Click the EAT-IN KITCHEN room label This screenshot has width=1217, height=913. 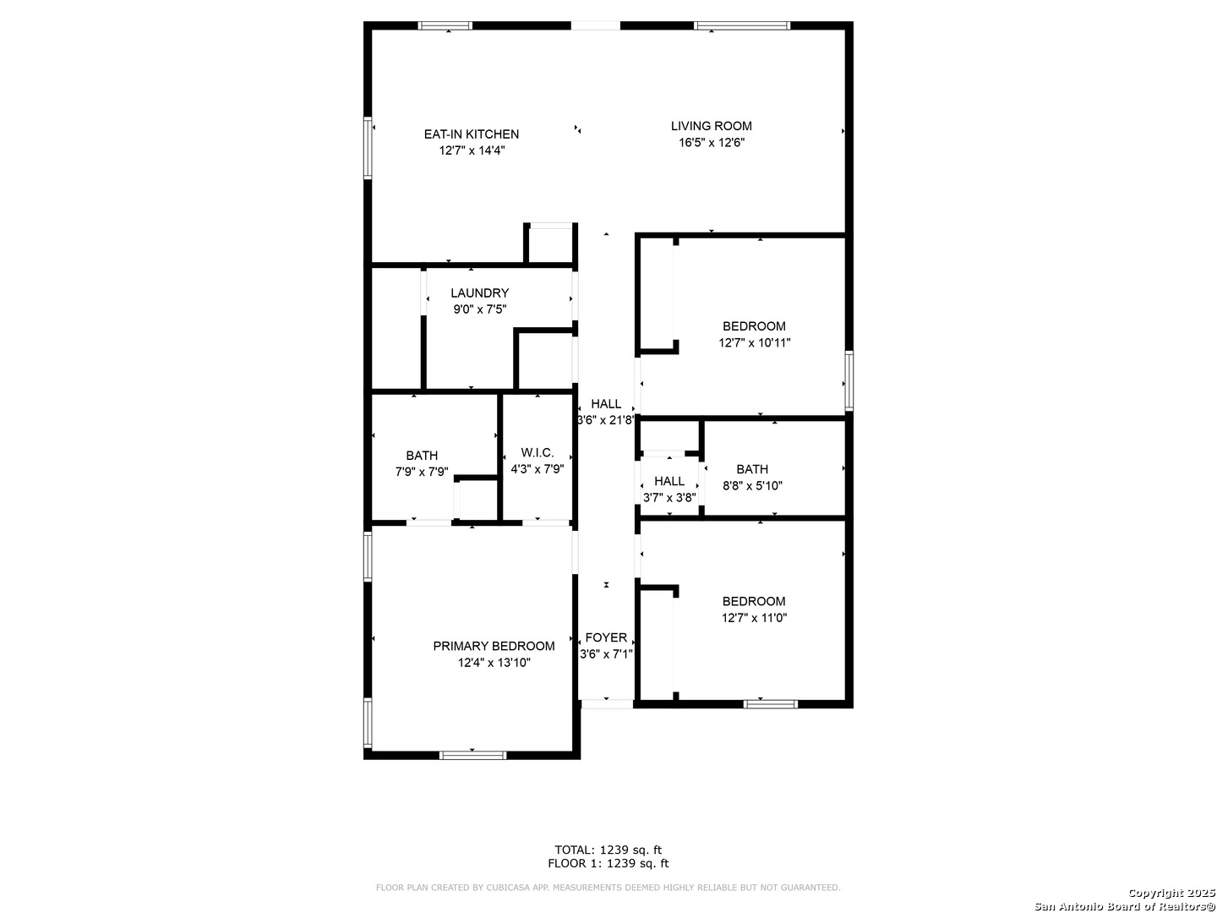point(472,134)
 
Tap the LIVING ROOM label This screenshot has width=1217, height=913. point(711,126)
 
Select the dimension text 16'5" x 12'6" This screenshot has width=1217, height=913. point(711,143)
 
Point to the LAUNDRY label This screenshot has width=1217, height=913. point(479,293)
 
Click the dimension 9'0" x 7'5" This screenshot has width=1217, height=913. point(479,309)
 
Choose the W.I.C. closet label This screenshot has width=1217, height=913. point(538,452)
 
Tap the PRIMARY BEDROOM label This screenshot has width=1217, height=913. point(494,646)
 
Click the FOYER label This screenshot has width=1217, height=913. point(606,637)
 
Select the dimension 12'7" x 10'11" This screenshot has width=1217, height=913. point(755,343)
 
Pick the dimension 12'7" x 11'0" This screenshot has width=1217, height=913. point(754,618)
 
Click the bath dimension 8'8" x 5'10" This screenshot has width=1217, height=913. point(752,486)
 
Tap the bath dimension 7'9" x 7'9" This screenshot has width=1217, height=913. point(422,473)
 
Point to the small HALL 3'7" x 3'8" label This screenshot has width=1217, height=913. point(669,481)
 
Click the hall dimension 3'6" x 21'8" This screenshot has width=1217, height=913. point(606,420)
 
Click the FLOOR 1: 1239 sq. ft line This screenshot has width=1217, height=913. point(608,864)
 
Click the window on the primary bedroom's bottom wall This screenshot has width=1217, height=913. point(472,754)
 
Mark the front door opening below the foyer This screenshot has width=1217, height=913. point(607,703)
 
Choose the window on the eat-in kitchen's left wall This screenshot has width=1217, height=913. point(368,148)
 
